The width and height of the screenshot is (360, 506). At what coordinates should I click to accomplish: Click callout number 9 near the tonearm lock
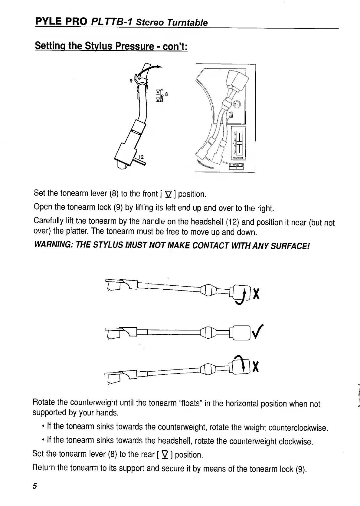tap(131, 81)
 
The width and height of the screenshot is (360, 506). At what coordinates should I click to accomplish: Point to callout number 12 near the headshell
tap(141, 157)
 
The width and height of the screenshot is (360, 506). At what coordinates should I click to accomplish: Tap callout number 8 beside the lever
tap(166, 94)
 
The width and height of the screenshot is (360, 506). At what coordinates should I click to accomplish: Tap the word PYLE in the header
tap(46, 21)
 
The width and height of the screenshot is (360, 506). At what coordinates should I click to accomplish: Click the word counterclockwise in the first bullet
tap(298, 428)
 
